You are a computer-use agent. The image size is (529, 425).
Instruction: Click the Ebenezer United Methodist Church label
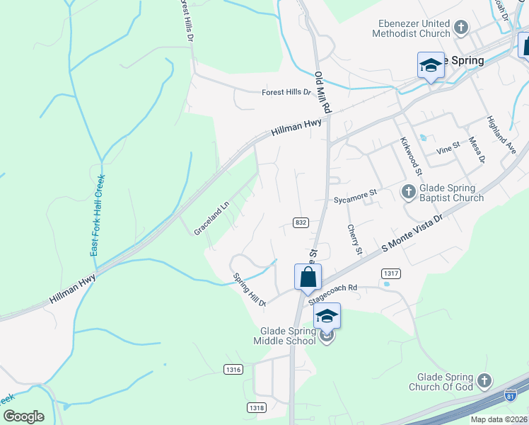414,28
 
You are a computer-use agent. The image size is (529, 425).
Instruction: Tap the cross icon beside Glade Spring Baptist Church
408,191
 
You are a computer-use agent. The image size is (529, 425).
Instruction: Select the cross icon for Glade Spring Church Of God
484,381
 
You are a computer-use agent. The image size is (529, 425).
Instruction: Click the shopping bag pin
308,277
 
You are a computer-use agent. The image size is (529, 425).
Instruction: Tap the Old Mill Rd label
323,93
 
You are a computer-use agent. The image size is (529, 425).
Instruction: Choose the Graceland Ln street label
212,220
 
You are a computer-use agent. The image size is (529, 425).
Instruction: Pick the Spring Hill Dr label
249,290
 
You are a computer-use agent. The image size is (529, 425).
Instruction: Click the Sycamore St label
356,192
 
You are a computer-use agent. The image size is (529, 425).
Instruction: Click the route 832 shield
301,222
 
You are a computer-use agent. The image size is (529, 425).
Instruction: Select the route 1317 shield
390,273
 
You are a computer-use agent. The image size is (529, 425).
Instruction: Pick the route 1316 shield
233,369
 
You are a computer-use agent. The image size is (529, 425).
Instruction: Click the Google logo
23,416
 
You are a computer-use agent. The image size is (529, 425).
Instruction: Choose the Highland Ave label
501,135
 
